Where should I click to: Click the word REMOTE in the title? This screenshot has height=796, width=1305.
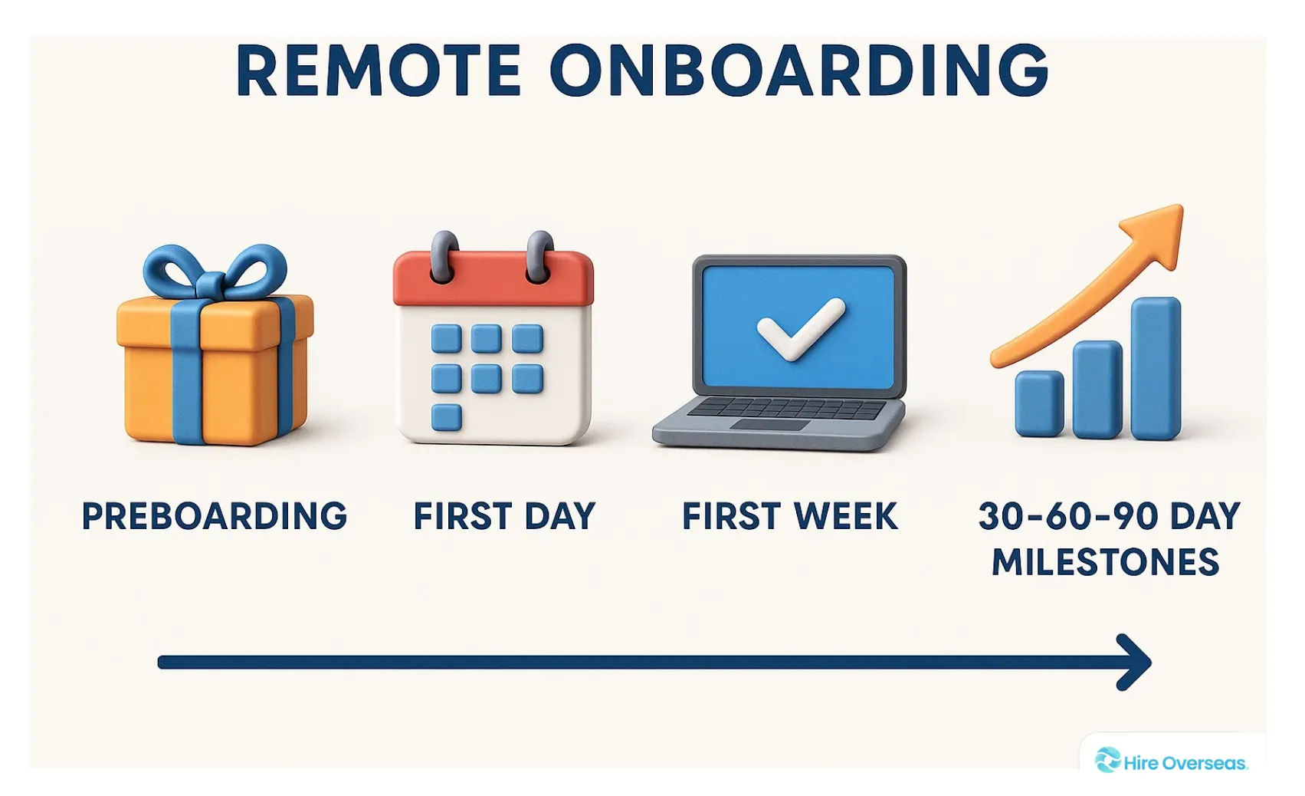(379, 71)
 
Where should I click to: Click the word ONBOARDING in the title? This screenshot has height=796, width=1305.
(799, 71)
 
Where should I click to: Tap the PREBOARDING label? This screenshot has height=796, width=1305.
(215, 516)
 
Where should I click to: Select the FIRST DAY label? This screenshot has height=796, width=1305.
(504, 516)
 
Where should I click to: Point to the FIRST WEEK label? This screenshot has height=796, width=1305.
(789, 516)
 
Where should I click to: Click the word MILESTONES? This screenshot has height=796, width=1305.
(1105, 563)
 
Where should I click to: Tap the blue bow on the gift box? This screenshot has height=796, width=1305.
(215, 272)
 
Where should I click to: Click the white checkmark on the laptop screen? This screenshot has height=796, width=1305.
(799, 327)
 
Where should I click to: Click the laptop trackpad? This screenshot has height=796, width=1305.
(770, 425)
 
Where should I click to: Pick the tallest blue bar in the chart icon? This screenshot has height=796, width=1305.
(1156, 368)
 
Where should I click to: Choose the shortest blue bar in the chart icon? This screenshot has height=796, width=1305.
(1039, 403)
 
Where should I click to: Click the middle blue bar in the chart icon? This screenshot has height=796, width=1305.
(1097, 389)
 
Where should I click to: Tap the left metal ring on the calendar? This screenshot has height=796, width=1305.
(444, 255)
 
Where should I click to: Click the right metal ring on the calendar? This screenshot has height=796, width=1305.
(540, 255)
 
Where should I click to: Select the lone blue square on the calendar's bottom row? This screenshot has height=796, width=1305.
(446, 417)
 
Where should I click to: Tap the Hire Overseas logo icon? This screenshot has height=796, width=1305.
(1107, 760)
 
